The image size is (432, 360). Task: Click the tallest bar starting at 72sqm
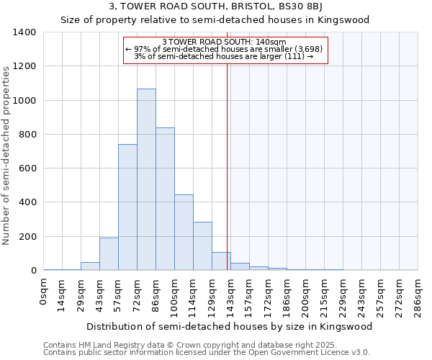coord(146,179)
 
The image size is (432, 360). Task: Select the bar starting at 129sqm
coord(221,261)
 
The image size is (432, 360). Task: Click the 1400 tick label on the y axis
coord(24,32)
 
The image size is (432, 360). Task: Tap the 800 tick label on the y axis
coord(27,135)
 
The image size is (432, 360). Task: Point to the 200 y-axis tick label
coord(27,237)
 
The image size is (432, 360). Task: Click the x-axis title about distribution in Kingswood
coord(231,326)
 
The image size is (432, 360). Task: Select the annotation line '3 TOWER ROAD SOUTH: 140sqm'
coord(225,42)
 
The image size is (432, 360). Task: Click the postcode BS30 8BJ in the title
coord(317,7)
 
